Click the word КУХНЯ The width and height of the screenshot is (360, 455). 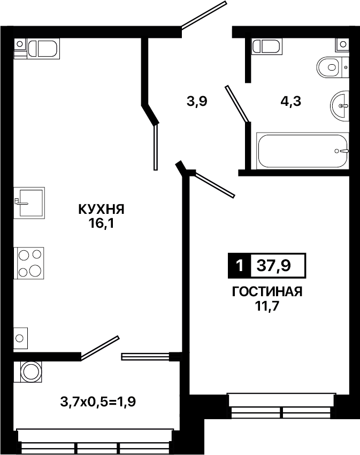tap(101, 209)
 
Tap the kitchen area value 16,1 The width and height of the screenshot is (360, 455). tap(101, 223)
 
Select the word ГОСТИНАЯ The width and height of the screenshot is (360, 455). tap(267, 291)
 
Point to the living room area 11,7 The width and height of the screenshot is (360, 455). tap(267, 306)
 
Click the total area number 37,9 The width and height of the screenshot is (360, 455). tap(273, 265)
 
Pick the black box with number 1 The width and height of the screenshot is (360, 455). tap(240, 265)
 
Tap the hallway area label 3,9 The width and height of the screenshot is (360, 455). tap(197, 102)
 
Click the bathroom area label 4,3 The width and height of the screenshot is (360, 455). tap(290, 102)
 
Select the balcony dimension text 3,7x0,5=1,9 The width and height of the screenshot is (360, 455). tap(98, 402)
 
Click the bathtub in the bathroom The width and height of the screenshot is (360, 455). tap(303, 151)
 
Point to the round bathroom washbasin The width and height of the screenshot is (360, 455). tap(340, 105)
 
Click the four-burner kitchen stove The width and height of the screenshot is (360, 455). tap(29, 263)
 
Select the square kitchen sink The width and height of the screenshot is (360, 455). tap(29, 203)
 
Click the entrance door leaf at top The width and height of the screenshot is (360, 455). tap(203, 15)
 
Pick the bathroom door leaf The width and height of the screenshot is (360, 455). tap(237, 104)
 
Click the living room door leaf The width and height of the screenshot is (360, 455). tap(215, 184)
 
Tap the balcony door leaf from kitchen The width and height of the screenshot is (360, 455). tap(99, 348)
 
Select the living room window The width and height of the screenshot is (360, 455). tap(281, 405)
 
